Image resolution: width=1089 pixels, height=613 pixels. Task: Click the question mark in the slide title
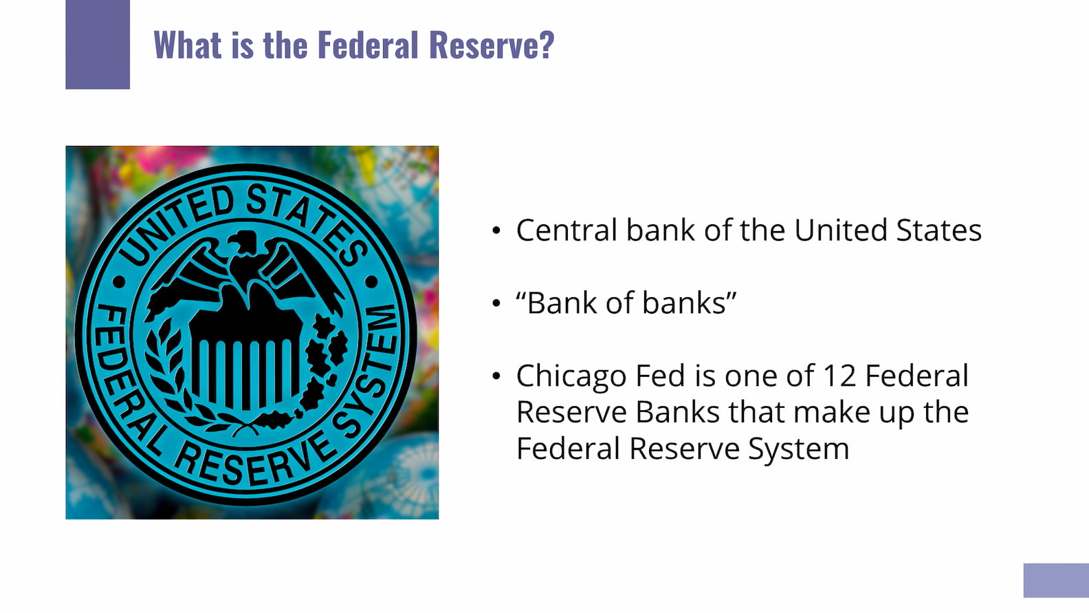coord(547,45)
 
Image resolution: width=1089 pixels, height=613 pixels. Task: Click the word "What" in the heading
coord(188,45)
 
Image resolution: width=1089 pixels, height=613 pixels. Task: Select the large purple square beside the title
coord(98,44)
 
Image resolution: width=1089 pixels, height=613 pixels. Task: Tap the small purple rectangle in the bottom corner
coord(1056,581)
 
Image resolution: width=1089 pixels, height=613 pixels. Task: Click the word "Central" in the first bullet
coord(566,230)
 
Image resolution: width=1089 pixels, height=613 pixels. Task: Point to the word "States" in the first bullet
coord(938,230)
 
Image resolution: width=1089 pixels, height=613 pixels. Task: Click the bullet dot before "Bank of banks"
coord(496,303)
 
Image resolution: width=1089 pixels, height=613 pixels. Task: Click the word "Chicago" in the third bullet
coord(571,376)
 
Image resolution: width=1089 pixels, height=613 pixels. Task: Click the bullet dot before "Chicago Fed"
coord(496,376)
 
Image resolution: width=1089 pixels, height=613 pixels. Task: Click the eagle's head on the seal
coord(243,241)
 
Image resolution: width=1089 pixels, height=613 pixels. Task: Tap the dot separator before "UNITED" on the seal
coord(119,281)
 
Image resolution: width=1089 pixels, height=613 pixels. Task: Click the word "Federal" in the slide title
coord(368,45)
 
